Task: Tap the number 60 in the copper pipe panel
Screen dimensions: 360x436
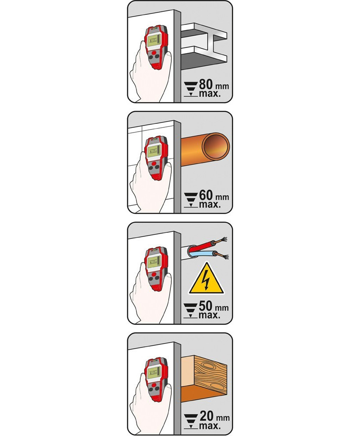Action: (206, 195)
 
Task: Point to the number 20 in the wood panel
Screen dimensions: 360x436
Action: (206, 417)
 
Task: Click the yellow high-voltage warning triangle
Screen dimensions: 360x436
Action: (206, 278)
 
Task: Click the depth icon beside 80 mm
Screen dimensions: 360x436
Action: (191, 89)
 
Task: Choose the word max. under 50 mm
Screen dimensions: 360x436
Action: (209, 316)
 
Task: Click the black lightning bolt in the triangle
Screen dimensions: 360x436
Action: (206, 281)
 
